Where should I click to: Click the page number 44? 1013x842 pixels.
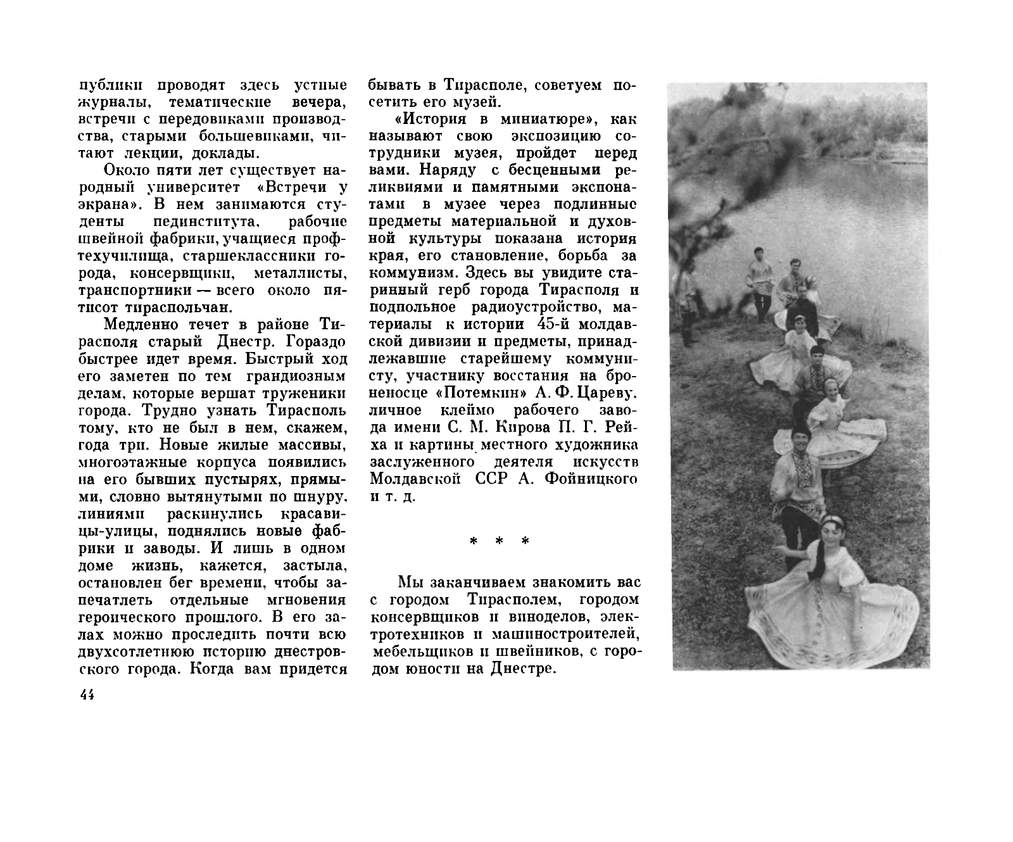[x=87, y=694]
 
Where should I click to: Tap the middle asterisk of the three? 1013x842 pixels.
[x=498, y=542]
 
